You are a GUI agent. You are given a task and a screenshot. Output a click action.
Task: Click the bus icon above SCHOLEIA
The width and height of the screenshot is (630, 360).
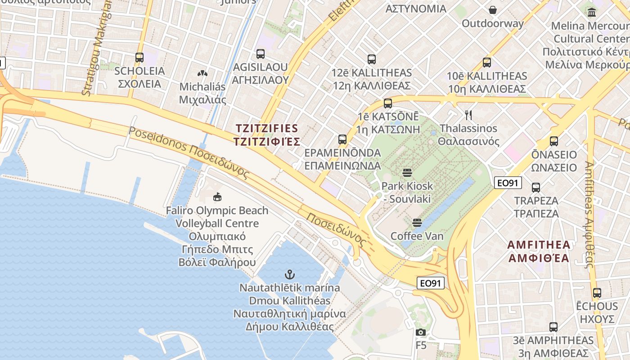[139, 58]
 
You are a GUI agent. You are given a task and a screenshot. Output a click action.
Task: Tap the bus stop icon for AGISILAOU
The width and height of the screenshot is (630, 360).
[260, 54]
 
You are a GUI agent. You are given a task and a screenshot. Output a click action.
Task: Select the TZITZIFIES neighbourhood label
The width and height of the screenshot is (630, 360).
[267, 135]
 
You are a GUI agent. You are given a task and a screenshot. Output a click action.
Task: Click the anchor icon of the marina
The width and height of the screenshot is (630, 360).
[290, 274]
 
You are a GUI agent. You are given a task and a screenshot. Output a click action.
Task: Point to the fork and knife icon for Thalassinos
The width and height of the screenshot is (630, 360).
[468, 115]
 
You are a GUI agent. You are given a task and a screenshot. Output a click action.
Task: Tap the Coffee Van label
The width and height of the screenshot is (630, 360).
[417, 236]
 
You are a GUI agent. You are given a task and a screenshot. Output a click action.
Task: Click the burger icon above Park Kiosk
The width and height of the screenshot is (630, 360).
[407, 173]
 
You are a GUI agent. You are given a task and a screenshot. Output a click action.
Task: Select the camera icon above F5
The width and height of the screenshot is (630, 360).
[421, 333]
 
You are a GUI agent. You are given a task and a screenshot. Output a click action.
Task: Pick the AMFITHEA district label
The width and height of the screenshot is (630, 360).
[539, 252]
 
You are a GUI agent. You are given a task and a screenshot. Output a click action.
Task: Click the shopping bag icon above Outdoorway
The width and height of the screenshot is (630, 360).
[493, 10]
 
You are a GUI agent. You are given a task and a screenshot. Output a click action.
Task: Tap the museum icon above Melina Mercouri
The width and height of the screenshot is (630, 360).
[591, 12]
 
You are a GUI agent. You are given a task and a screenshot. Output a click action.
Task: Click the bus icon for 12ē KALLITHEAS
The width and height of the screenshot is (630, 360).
[371, 59]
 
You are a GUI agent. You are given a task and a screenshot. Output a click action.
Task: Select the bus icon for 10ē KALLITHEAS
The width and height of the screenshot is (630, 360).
[486, 63]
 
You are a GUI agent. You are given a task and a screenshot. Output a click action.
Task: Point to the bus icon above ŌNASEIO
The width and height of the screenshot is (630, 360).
[553, 141]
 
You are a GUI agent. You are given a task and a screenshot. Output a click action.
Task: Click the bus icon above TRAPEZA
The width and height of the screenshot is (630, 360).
[535, 188]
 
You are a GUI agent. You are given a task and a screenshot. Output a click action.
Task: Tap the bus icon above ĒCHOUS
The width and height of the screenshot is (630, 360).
[597, 293]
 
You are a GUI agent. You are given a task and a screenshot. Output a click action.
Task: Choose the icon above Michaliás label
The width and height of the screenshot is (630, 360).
[202, 73]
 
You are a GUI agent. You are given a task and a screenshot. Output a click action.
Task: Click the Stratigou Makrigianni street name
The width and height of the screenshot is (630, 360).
[95, 47]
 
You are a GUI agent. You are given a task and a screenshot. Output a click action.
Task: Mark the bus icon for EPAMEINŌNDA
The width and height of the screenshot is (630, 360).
[342, 139]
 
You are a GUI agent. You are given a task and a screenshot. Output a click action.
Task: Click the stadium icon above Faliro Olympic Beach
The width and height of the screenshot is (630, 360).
[217, 197]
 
